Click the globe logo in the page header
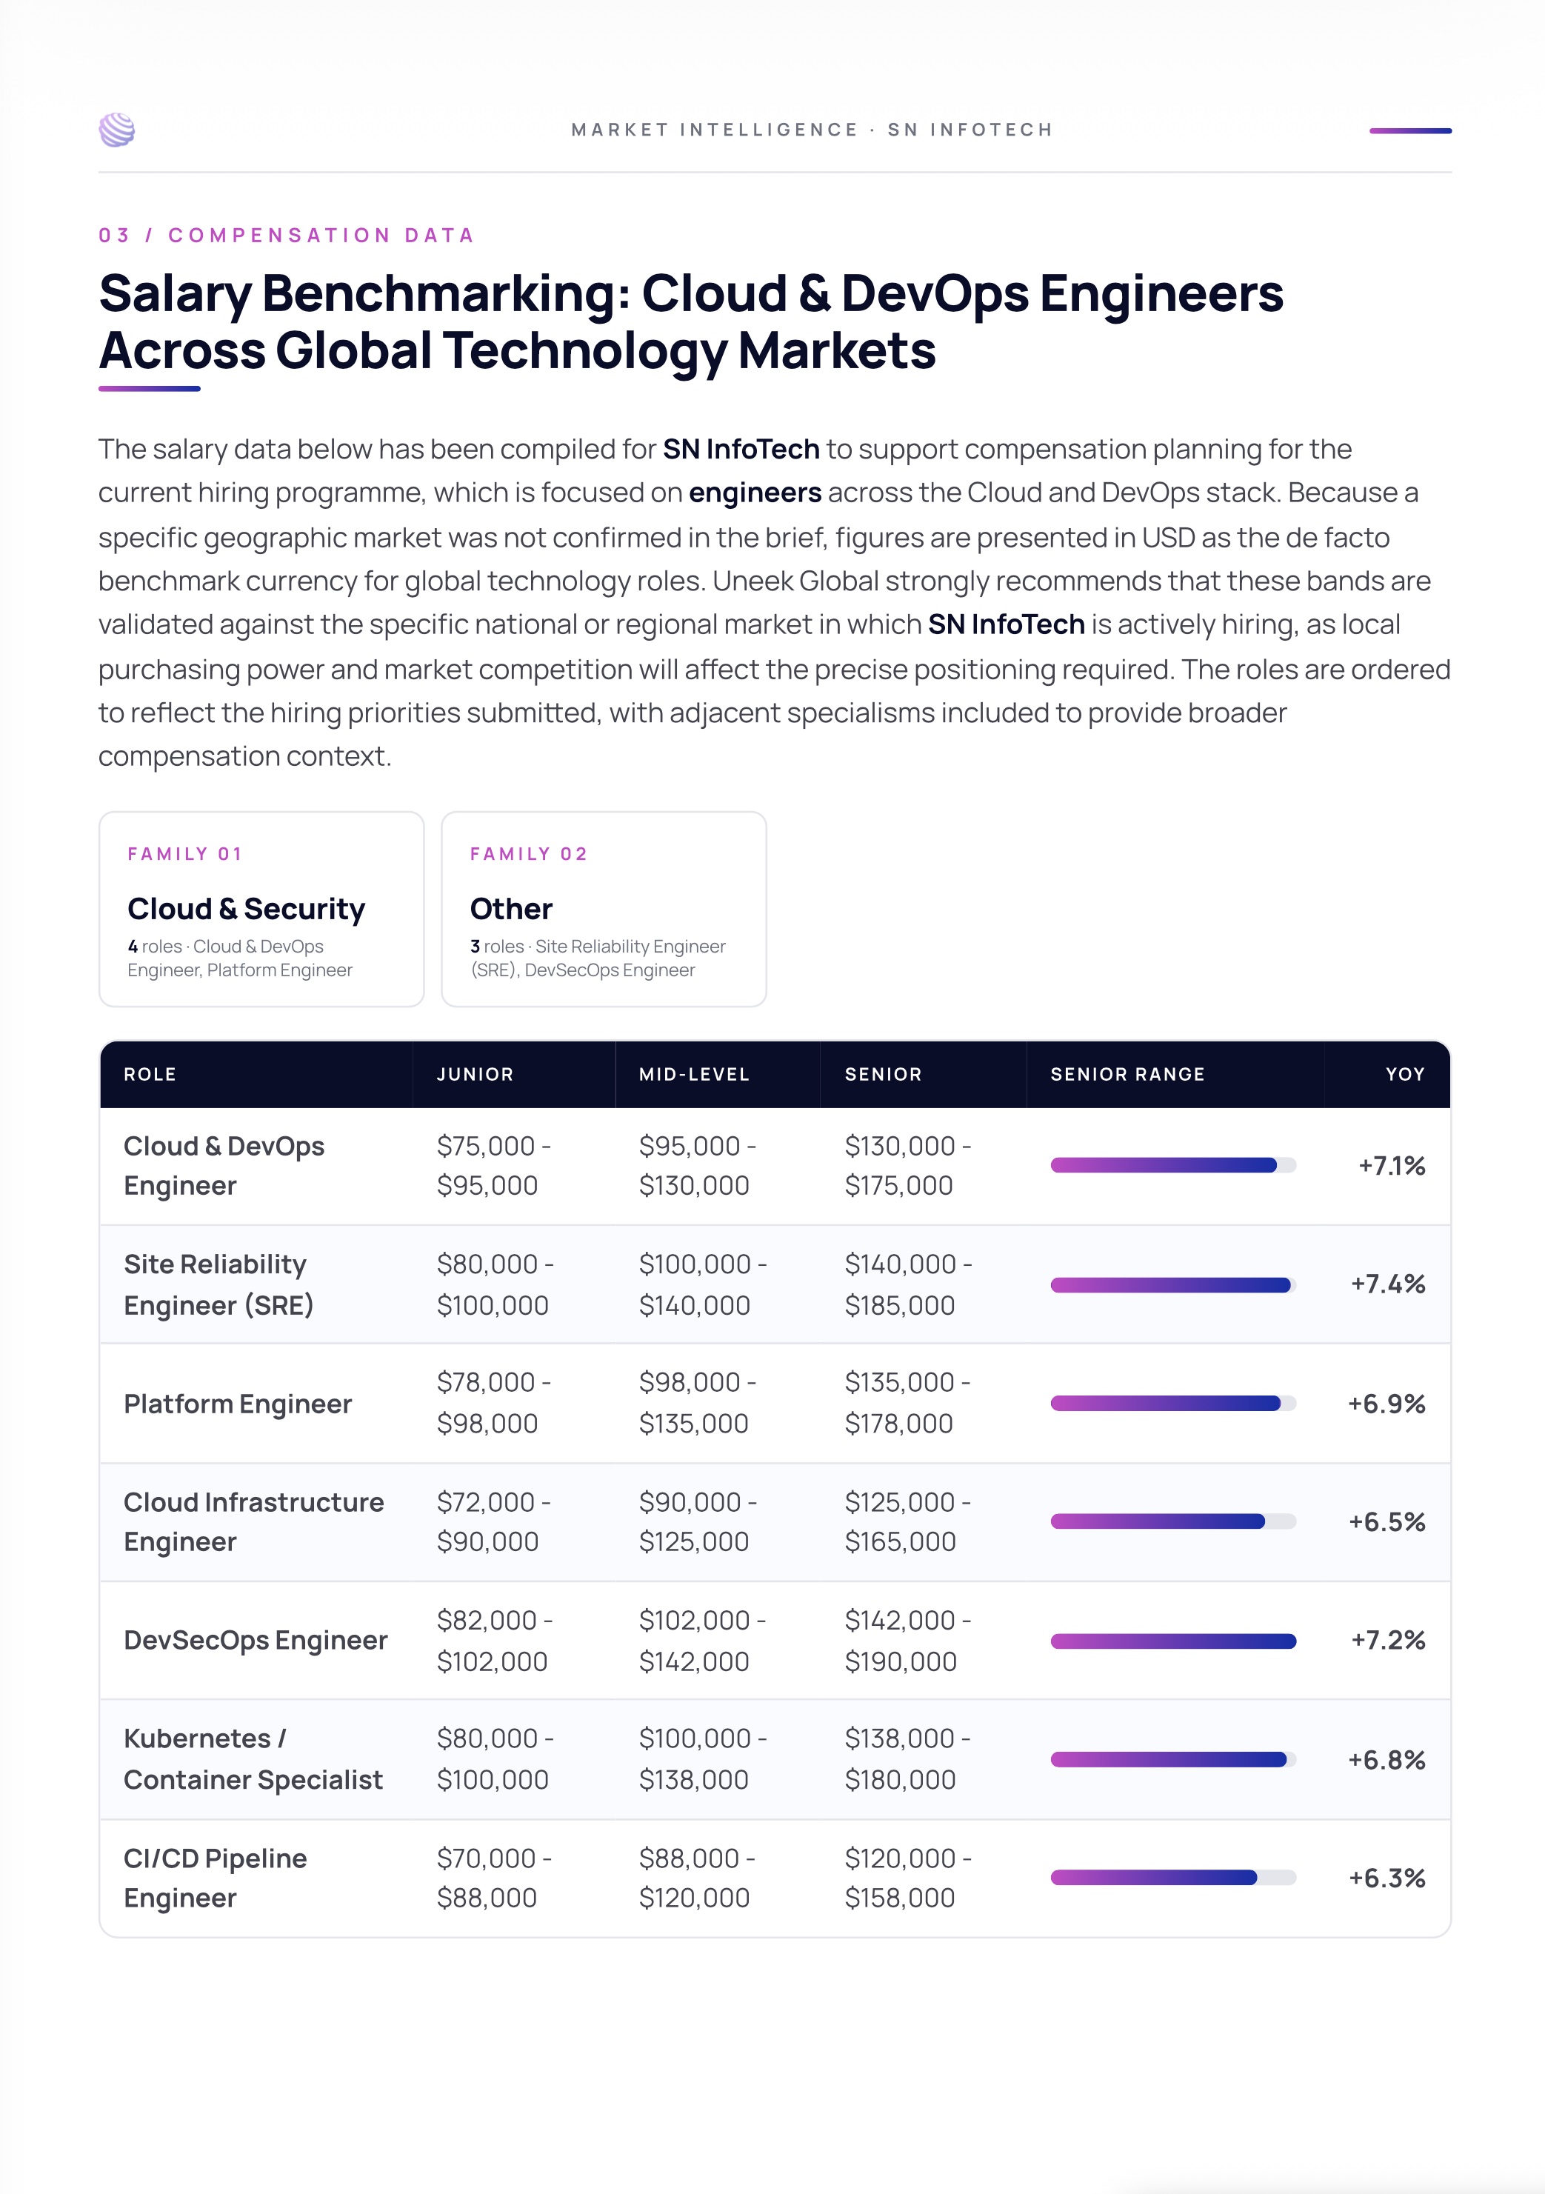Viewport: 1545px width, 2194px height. click(x=116, y=130)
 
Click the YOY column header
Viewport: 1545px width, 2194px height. click(x=1404, y=1074)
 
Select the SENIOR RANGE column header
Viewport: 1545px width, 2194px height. click(x=1127, y=1074)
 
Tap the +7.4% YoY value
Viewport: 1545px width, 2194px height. click(x=1387, y=1284)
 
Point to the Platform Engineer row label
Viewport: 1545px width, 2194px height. click(x=238, y=1404)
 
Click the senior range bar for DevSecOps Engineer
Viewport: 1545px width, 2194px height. click(x=1173, y=1641)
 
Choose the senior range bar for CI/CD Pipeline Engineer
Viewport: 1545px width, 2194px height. click(x=1153, y=1878)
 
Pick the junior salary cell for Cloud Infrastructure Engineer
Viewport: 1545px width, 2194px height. click(x=493, y=1521)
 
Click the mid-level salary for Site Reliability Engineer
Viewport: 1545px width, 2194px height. click(x=702, y=1284)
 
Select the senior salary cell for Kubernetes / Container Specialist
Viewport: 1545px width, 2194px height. click(x=907, y=1758)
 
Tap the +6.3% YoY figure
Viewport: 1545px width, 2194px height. click(x=1387, y=1878)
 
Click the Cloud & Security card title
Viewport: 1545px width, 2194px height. click(x=247, y=909)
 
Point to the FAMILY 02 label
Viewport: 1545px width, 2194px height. click(x=528, y=853)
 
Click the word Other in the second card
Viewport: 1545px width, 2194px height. click(x=511, y=909)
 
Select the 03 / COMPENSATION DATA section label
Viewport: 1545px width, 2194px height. click(x=287, y=235)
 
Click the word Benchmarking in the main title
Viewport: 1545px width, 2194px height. click(x=446, y=293)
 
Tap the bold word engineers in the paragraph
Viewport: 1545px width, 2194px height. click(x=755, y=492)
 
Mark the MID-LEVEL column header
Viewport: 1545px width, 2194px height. click(x=694, y=1074)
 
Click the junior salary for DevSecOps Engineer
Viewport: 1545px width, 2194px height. click(x=495, y=1640)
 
